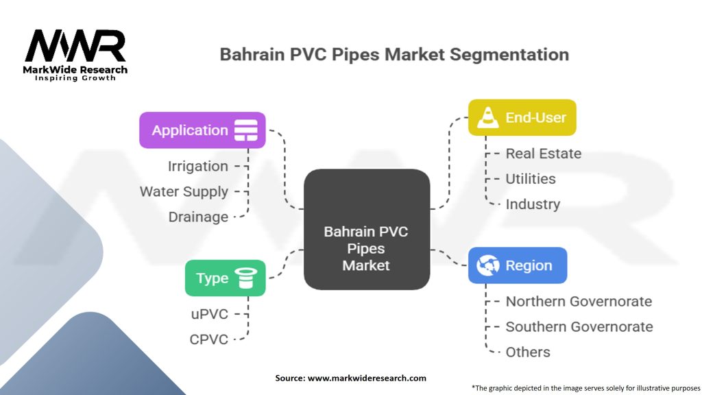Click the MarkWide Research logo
(x=75, y=54)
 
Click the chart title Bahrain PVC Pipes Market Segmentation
(x=394, y=54)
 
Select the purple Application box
(x=202, y=130)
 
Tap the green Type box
(x=225, y=278)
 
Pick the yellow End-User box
(x=522, y=117)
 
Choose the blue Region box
(x=517, y=265)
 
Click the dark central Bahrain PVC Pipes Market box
(x=366, y=248)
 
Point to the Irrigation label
(x=198, y=166)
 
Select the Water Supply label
(x=184, y=191)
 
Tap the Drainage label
(x=198, y=217)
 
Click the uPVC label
(x=209, y=313)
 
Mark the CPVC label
(x=208, y=339)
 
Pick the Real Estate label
(x=543, y=154)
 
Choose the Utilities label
(x=530, y=179)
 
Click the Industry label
(x=533, y=204)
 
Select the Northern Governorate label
(x=579, y=301)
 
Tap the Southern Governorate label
(x=579, y=326)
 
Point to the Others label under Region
(x=528, y=352)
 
